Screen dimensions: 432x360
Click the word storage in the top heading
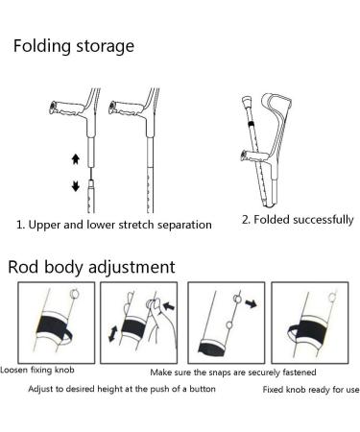(108, 45)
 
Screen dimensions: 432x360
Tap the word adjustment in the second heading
(128, 267)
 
